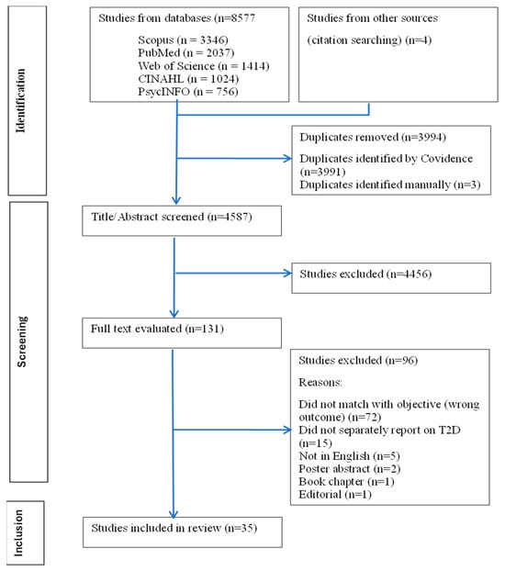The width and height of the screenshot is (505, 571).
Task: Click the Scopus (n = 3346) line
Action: click(183, 39)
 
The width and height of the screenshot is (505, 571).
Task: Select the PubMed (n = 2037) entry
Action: click(185, 53)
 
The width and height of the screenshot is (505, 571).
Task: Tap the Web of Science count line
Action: click(203, 66)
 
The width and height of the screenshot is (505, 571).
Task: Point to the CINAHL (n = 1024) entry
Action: click(188, 79)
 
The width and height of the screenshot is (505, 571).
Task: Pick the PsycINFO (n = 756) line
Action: click(188, 92)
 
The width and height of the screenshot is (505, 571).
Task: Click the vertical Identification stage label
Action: click(20, 100)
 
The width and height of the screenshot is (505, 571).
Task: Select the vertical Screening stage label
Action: click(22, 341)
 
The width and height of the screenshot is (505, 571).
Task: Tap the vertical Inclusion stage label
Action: click(18, 532)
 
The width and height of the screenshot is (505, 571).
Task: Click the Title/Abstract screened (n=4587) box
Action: click(182, 220)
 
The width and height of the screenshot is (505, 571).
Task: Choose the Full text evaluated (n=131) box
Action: click(182, 333)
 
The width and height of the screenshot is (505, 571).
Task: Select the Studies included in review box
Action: click(183, 532)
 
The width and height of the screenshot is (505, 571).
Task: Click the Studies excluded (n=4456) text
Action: click(365, 274)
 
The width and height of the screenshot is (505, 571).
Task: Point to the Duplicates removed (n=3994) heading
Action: click(373, 137)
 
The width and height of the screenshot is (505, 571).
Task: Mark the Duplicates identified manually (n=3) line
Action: click(390, 185)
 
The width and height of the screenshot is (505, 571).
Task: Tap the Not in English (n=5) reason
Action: click(349, 456)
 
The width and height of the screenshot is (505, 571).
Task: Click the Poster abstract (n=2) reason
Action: click(350, 469)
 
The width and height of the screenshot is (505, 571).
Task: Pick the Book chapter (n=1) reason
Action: click(346, 482)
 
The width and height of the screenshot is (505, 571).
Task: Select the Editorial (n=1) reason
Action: click(335, 495)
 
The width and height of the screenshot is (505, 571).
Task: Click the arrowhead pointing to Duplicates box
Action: click(287, 159)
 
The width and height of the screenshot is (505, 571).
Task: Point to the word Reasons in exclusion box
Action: click(320, 383)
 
